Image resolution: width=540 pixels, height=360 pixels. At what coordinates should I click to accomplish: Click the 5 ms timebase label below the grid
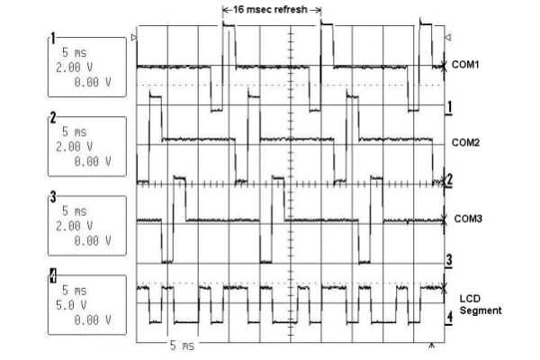[179, 346]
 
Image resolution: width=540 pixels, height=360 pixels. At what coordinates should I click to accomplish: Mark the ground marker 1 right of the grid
[448, 106]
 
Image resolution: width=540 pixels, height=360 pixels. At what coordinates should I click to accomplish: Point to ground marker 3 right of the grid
[448, 259]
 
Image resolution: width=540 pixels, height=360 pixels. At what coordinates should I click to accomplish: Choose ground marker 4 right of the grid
[448, 317]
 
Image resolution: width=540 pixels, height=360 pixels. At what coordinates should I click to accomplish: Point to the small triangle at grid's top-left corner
[134, 38]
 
